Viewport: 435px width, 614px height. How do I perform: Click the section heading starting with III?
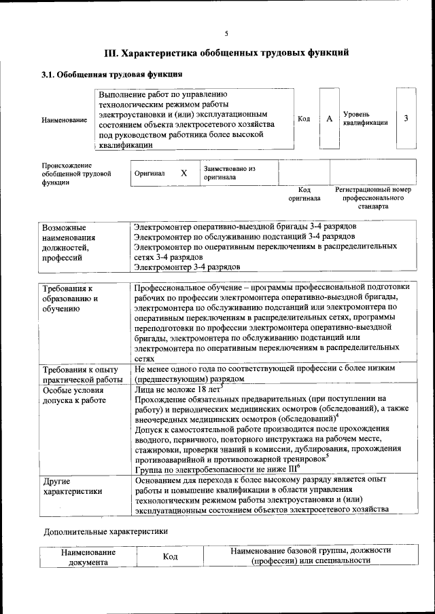click(x=226, y=52)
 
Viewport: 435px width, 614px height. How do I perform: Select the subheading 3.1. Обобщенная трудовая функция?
click(x=111, y=74)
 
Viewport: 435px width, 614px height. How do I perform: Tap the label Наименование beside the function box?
click(x=64, y=120)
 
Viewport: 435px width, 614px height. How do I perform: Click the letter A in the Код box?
click(x=329, y=119)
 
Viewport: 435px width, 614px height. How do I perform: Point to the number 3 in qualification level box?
click(x=406, y=119)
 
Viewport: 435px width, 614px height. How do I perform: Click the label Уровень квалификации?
click(x=365, y=119)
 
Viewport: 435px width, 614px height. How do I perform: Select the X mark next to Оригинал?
click(x=184, y=173)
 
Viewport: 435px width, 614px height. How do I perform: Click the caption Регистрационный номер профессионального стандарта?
click(x=373, y=197)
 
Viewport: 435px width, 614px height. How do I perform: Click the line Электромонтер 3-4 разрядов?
click(x=187, y=268)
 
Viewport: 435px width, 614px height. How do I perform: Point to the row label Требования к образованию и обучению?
click(x=71, y=299)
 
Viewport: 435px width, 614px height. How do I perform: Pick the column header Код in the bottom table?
click(x=170, y=556)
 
